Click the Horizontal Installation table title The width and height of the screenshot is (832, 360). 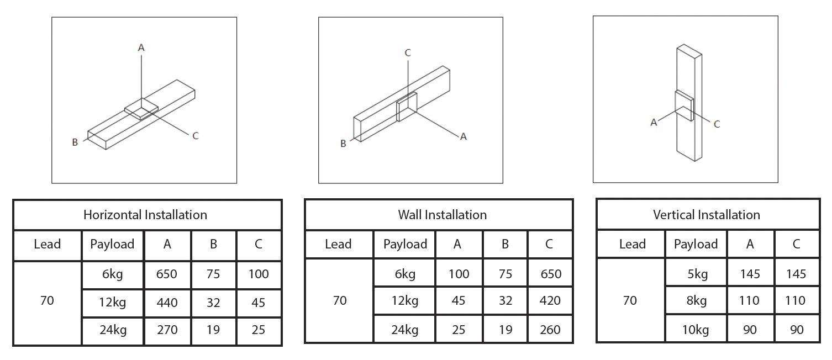[145, 215]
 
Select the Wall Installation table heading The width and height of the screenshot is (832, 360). [443, 215]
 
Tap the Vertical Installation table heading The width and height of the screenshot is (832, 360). [707, 215]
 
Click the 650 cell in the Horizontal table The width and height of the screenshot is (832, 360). [167, 274]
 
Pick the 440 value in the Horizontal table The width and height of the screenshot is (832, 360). [167, 302]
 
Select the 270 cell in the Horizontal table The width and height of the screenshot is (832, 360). [167, 330]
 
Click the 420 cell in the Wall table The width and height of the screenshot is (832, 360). [549, 300]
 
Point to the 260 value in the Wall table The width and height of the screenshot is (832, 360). [549, 330]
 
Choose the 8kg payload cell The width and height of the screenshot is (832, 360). [696, 300]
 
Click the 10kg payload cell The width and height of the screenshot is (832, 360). [696, 330]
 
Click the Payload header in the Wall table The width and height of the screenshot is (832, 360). [405, 244]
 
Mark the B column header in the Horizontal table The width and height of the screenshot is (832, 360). [213, 244]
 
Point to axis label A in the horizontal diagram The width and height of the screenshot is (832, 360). [141, 48]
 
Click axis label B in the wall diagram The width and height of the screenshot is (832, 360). [343, 144]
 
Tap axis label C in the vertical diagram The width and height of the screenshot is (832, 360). [717, 124]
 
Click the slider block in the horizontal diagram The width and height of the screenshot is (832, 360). [141, 109]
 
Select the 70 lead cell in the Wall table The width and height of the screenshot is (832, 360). [340, 300]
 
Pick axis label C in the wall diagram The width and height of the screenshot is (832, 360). [408, 53]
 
